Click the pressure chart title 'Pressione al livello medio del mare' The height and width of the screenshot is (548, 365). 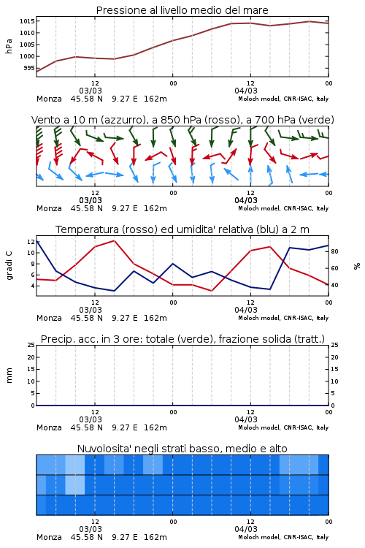pos(182,10)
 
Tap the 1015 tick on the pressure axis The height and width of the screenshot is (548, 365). pos(27,21)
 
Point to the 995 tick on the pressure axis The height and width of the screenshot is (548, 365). pos(29,68)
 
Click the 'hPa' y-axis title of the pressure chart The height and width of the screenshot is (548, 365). pos(9,46)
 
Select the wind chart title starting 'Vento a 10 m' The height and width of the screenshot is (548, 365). pos(182,120)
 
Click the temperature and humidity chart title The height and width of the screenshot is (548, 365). pos(182,229)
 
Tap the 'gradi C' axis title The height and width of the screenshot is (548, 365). pos(9,266)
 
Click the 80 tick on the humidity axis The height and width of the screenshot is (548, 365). pos(334,251)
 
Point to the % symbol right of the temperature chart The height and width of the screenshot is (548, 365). pos(357,266)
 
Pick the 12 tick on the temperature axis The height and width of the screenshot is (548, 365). pos(31,242)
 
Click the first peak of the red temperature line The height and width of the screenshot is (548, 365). pos(114,240)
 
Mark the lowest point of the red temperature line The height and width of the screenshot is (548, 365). pos(212,290)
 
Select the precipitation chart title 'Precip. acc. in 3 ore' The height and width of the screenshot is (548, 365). pos(182,339)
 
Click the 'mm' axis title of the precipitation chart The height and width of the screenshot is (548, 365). pos(9,376)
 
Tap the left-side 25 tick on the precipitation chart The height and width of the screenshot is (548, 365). pos(31,346)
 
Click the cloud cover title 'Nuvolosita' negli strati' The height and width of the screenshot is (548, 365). pos(182,449)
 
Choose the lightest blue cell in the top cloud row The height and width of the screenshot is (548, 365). pos(75,465)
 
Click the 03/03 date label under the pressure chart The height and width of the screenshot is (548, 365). pos(91,91)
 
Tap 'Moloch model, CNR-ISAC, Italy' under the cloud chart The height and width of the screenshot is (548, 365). pos(283,537)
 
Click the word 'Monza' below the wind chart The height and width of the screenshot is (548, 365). pos(49,208)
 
